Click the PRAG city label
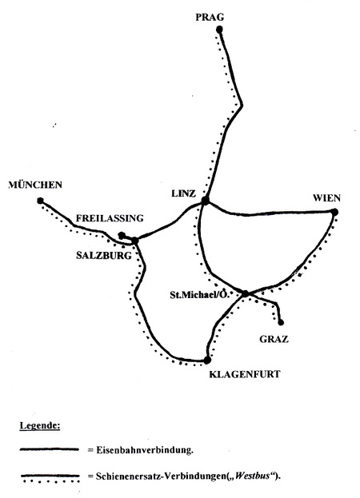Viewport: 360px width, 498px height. click(x=210, y=17)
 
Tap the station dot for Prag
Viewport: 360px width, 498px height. click(x=219, y=30)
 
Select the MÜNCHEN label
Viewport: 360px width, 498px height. click(x=35, y=185)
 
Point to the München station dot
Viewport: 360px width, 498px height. click(x=40, y=201)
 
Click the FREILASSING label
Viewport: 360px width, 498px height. click(x=110, y=218)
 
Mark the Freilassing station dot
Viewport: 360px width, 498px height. click(x=122, y=235)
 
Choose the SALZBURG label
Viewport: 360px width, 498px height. click(x=104, y=255)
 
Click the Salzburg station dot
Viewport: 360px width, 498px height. click(x=135, y=241)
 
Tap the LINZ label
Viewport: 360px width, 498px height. click(x=183, y=193)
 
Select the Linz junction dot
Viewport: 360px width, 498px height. click(x=206, y=201)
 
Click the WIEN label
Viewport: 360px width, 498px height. click(x=326, y=198)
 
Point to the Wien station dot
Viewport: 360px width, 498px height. click(x=334, y=212)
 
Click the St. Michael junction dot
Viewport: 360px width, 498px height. click(x=246, y=293)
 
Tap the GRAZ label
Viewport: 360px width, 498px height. click(x=274, y=339)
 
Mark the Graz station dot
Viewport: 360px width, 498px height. click(x=281, y=323)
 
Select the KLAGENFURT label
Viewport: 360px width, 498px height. click(x=245, y=374)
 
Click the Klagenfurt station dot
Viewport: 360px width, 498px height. click(x=207, y=361)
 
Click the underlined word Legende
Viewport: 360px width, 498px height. click(x=40, y=425)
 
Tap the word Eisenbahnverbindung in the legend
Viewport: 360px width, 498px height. click(x=145, y=450)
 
